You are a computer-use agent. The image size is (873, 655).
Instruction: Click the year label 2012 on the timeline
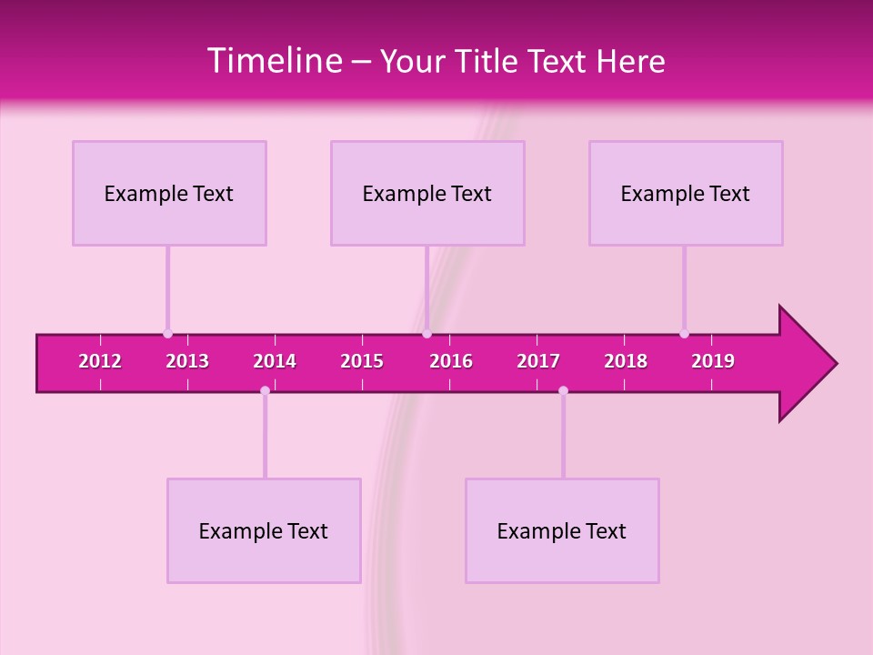pos(100,361)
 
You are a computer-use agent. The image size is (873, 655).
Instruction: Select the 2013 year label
pos(187,361)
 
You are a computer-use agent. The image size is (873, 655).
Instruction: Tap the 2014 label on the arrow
pos(275,361)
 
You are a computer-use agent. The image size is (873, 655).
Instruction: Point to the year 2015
pos(362,361)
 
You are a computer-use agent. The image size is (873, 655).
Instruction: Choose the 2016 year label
pos(451,361)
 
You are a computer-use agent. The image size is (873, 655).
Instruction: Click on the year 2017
pos(538,361)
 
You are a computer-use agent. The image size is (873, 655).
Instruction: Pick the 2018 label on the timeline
pos(626,361)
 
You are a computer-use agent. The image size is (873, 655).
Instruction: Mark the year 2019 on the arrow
pos(713,361)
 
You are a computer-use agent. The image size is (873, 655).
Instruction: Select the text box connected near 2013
pos(169,193)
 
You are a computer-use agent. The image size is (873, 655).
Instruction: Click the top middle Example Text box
pos(427,193)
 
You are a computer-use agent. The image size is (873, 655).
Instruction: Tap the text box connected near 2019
pos(686,193)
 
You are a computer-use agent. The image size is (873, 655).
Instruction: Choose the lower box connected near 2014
pos(264,530)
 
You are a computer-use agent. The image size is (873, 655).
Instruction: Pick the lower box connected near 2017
pos(562,530)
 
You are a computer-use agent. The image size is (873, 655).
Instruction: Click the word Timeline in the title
pos(274,61)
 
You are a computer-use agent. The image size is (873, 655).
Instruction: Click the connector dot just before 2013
pos(167,334)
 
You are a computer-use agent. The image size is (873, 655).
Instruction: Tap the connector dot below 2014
pos(265,390)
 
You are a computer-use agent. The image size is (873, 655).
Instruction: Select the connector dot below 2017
pos(563,390)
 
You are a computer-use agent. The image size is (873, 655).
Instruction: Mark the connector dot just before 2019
pos(684,334)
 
